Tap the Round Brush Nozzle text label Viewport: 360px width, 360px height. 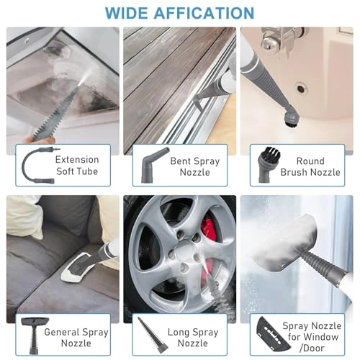[310, 166]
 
